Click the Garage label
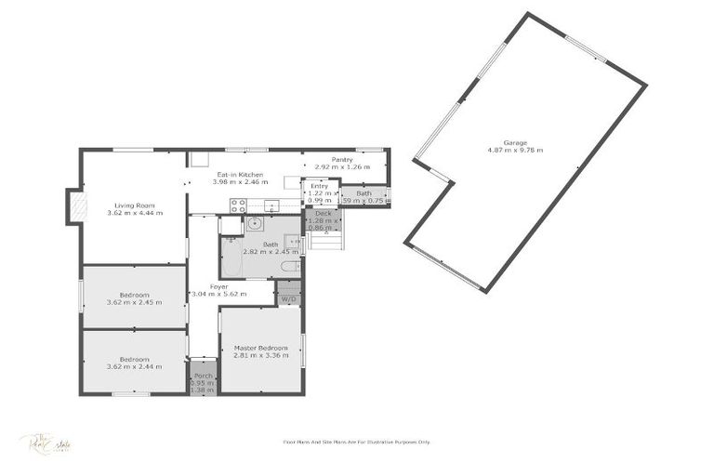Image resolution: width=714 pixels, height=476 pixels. [x=515, y=142]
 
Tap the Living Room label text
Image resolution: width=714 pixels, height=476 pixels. [x=134, y=205]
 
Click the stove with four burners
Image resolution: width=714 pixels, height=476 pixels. [x=237, y=205]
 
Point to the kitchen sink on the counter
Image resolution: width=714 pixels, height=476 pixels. [x=272, y=205]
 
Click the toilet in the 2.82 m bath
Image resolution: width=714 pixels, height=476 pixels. [x=289, y=267]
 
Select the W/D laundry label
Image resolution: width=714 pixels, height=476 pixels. [x=288, y=299]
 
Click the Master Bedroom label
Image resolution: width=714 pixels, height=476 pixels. [x=260, y=348]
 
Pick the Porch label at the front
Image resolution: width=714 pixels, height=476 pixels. [x=202, y=376]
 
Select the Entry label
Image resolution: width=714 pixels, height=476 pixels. [x=319, y=186]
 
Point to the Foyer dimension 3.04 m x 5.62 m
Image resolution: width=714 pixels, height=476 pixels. [x=218, y=294]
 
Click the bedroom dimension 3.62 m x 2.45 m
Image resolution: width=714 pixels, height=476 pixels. [x=134, y=302]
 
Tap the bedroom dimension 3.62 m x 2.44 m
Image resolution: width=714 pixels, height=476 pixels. [x=134, y=366]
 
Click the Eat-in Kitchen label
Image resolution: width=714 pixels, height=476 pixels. [x=240, y=174]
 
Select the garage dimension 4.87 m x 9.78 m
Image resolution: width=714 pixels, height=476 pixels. [x=515, y=150]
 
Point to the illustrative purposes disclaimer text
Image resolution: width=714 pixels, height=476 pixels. [x=356, y=443]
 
